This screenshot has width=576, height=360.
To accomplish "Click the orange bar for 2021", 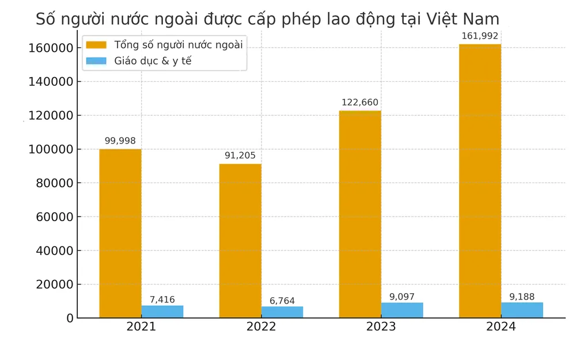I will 120,233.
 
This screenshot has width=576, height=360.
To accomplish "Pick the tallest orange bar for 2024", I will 480,181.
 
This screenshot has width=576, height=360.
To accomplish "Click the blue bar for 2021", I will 162,312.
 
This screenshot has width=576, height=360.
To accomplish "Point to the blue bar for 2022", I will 282,312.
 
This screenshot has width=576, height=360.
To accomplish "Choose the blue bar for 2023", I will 402,310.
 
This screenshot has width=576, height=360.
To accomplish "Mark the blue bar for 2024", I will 522,310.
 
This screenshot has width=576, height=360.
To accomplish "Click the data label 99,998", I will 120,141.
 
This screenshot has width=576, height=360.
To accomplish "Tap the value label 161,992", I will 480,36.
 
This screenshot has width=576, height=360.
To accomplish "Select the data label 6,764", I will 282,301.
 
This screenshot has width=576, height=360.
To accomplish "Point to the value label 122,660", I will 360,103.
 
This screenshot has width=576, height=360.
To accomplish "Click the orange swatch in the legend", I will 96,44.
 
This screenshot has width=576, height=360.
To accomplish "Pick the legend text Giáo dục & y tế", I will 153,60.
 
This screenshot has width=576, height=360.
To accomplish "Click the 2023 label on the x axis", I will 381,327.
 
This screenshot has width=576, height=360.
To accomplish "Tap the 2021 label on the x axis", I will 141,327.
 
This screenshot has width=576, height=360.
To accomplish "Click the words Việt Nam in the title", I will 463,19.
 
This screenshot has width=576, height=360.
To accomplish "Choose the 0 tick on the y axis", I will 70,319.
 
